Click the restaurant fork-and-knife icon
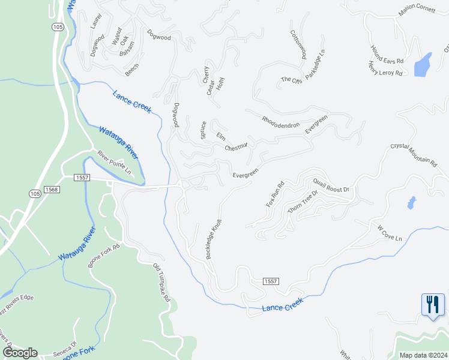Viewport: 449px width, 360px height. [432, 305]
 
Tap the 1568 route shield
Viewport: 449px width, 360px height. [52, 190]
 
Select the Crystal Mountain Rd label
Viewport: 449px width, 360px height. [413, 153]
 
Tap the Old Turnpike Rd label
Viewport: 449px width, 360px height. [162, 282]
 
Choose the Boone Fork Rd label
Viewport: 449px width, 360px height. [104, 255]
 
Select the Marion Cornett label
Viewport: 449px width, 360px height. [415, 10]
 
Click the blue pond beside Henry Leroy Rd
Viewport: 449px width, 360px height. [423, 64]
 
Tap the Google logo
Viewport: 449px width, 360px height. [19, 353]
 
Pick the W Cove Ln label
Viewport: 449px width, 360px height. [390, 233]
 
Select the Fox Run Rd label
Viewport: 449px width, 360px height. [274, 194]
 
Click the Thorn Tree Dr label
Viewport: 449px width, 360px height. [302, 207]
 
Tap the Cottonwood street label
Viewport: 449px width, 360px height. [298, 44]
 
